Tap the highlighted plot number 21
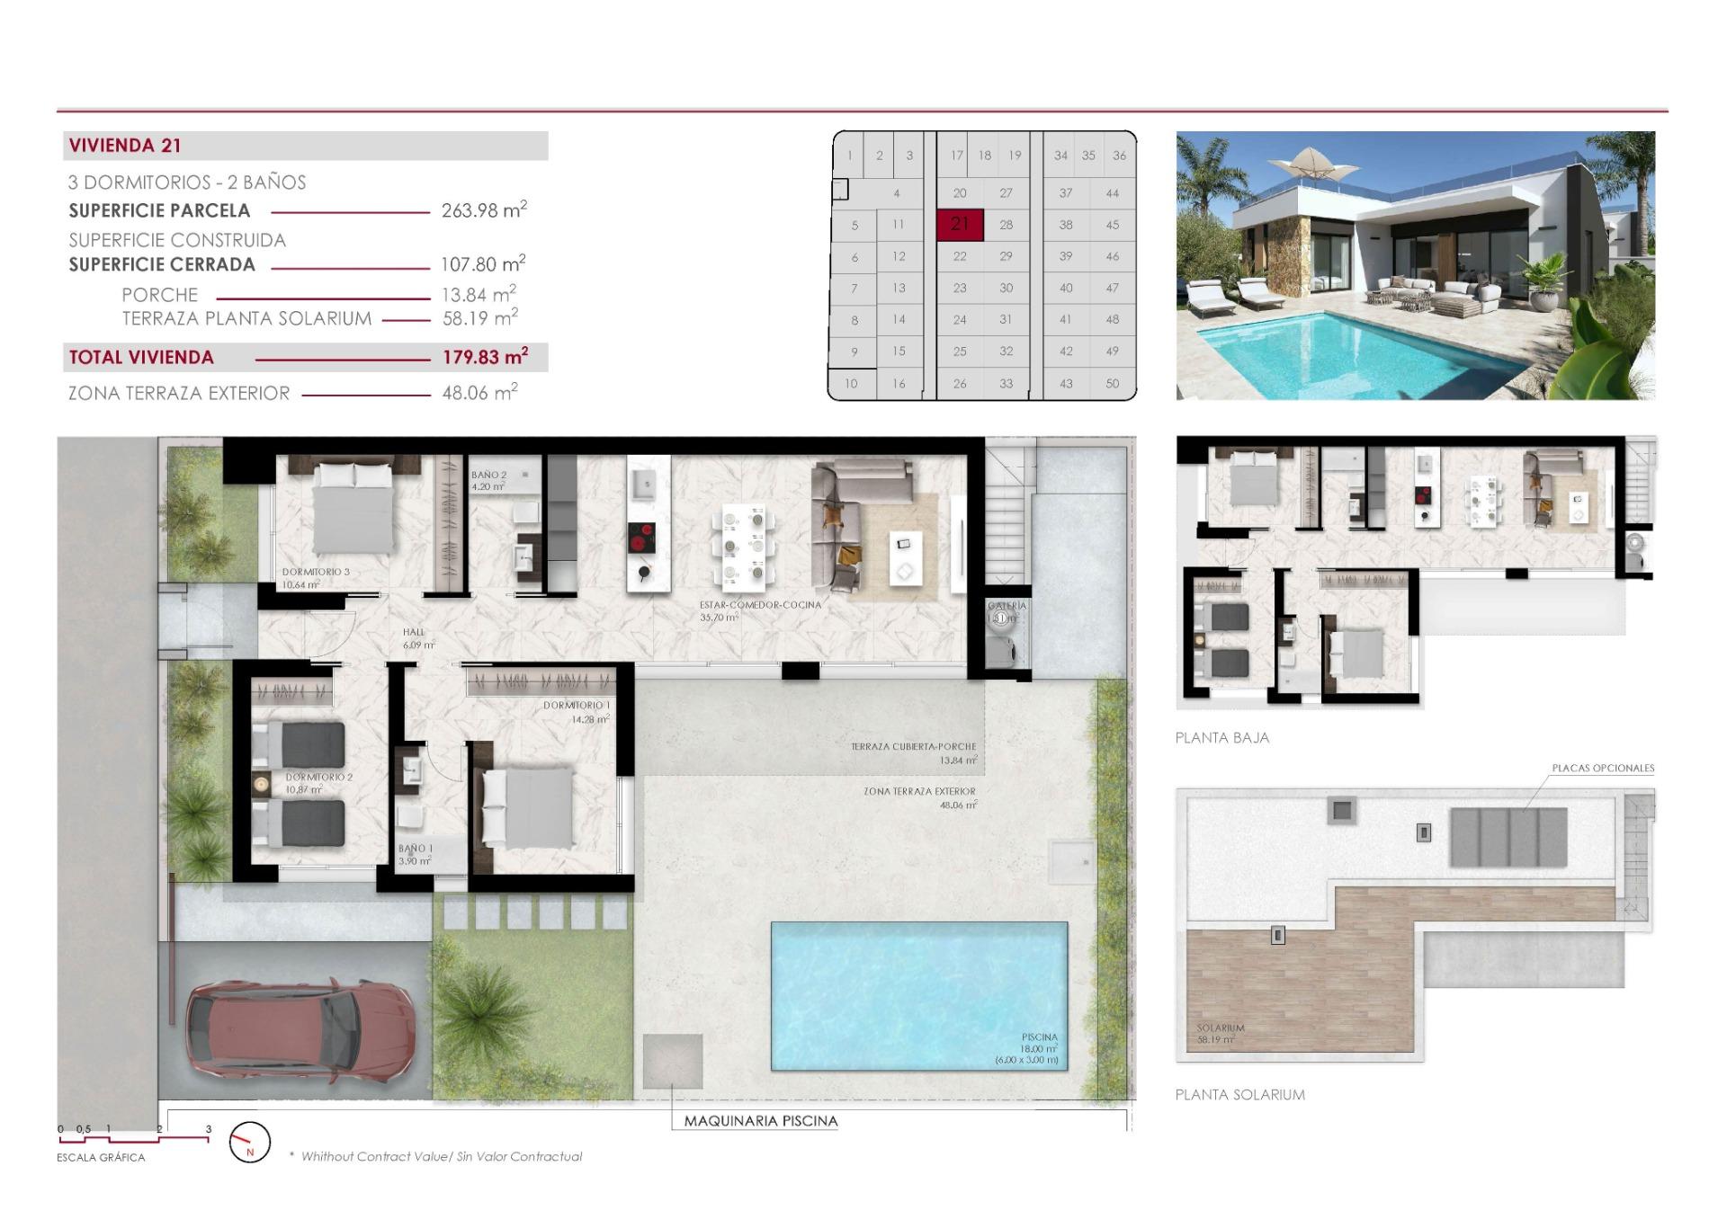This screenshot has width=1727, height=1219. coord(960,224)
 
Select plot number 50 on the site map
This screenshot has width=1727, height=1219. coord(1113,384)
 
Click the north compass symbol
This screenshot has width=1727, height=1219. coord(250,1143)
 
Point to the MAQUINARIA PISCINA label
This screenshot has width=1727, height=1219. coord(760,1121)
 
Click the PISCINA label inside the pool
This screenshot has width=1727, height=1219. coord(1039,1037)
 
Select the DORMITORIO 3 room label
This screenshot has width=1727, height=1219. coord(316,572)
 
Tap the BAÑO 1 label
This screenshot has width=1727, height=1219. coord(416,849)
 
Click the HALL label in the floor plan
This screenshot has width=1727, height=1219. coord(414,632)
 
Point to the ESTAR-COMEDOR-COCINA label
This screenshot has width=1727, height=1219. coord(760,605)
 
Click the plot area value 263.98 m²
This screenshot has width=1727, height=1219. coord(483,210)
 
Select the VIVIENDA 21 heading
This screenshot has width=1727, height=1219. coord(125,146)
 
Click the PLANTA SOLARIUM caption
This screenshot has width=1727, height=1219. coord(1239,1095)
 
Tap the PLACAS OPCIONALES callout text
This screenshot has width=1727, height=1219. coord(1603,769)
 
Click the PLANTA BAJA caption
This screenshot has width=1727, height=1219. coord(1221,738)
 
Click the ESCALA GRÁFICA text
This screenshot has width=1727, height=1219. coord(101,1158)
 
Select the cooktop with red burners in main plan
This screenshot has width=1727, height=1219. coord(641,538)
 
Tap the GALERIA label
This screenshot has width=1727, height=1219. coord(1007,606)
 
